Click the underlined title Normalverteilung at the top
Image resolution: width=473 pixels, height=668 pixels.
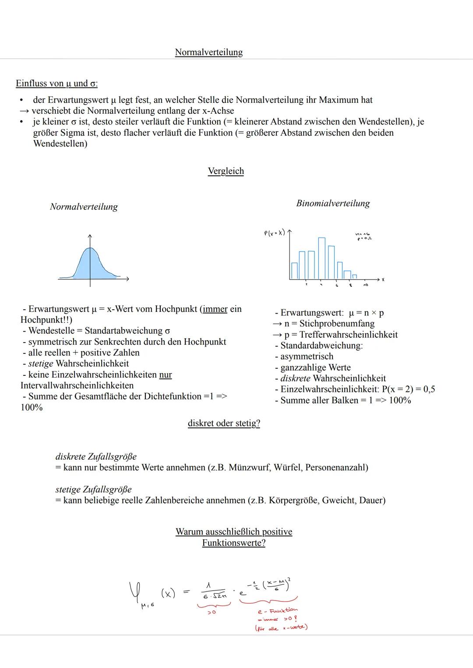pyautogui.click(x=208, y=52)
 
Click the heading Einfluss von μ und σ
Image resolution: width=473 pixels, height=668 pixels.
pyautogui.click(x=56, y=83)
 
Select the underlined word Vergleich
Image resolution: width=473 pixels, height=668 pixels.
pyautogui.click(x=226, y=171)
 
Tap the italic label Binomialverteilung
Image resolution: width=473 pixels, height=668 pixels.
pyautogui.click(x=333, y=203)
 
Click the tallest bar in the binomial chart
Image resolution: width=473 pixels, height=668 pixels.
pyautogui.click(x=321, y=258)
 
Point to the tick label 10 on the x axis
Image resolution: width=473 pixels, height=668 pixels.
pyautogui.click(x=365, y=285)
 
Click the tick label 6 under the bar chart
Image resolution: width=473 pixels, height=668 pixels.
pyautogui.click(x=336, y=285)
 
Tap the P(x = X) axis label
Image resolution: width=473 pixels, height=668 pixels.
pyautogui.click(x=274, y=233)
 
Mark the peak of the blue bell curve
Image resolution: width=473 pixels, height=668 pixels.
pyautogui.click(x=90, y=248)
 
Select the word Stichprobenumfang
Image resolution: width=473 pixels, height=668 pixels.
pyautogui.click(x=337, y=324)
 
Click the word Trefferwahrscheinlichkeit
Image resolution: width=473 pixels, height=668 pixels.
pyautogui.click(x=348, y=335)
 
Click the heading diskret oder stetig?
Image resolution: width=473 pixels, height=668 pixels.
pyautogui.click(x=223, y=423)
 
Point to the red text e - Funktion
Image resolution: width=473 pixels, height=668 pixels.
pyautogui.click(x=278, y=610)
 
